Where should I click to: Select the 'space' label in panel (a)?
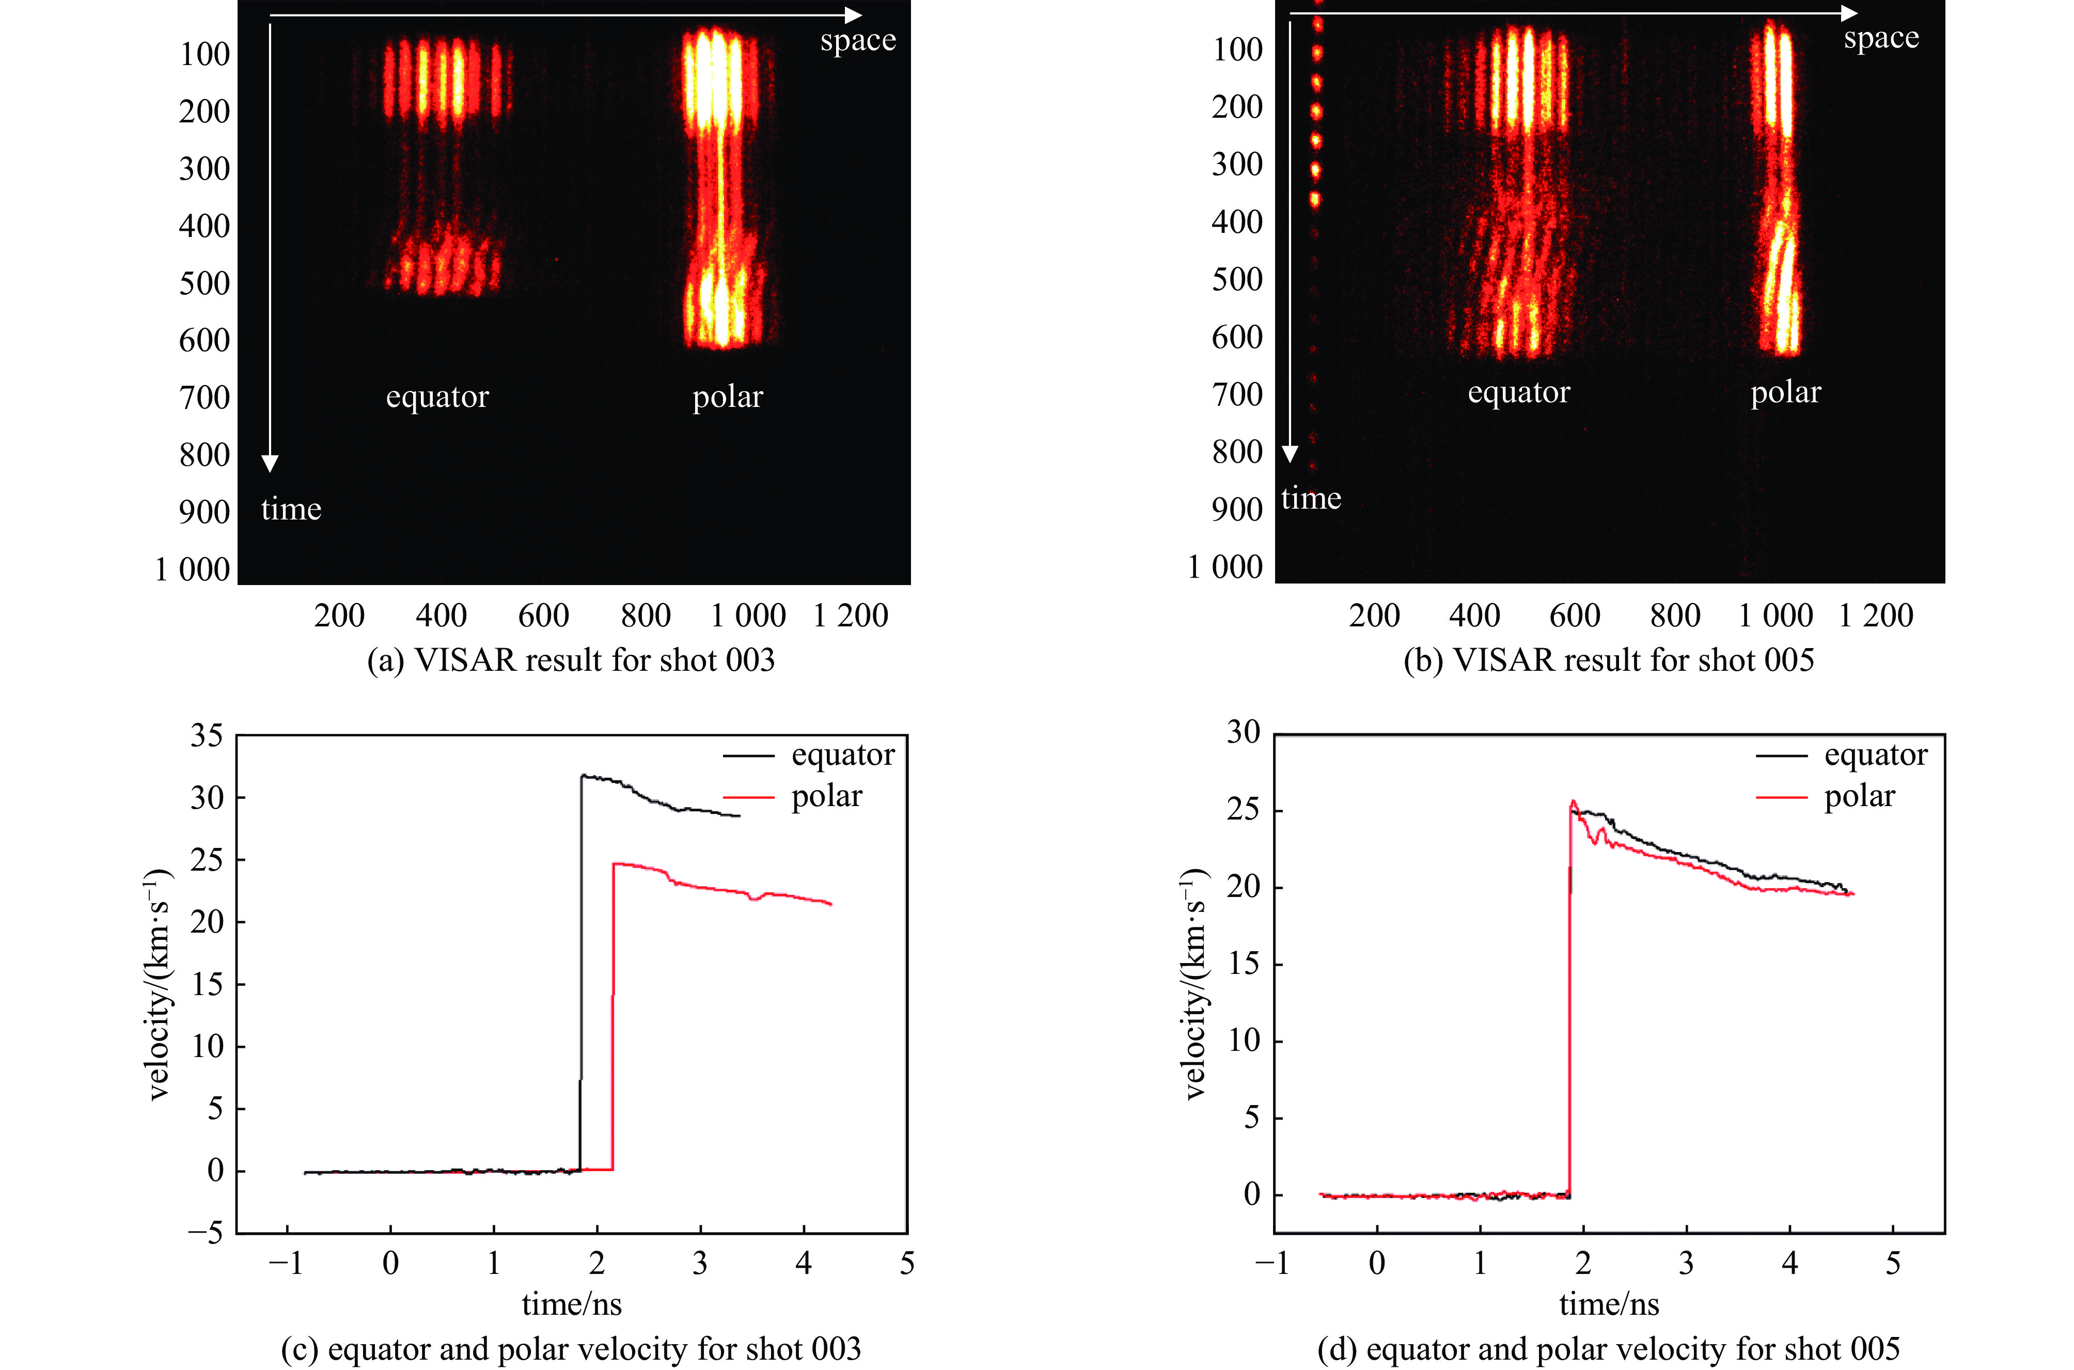tap(857, 40)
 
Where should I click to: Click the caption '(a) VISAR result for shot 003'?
tap(571, 659)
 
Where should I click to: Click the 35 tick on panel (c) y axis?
tap(207, 736)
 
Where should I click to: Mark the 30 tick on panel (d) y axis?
tap(1243, 732)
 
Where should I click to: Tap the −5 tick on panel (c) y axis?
tap(206, 1233)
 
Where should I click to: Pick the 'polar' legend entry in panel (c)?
tap(826, 797)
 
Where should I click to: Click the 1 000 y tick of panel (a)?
tap(192, 570)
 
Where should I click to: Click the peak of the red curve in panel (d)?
tap(1574, 800)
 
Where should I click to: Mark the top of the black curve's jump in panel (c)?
tap(583, 775)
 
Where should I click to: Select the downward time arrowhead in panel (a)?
tap(270, 463)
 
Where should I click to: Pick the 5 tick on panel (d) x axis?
tap(1892, 1264)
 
